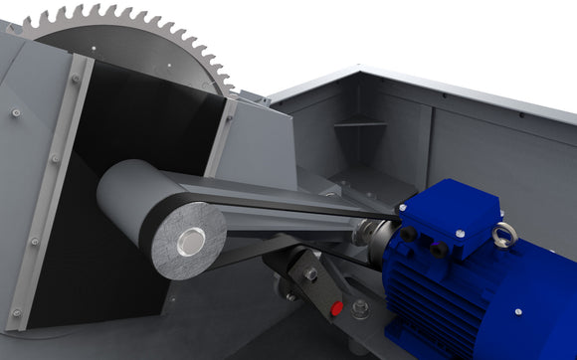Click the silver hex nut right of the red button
[x=359, y=309]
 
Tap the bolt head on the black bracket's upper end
[x=310, y=273]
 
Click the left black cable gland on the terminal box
[x=408, y=234]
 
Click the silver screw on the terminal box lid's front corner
[x=460, y=234]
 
